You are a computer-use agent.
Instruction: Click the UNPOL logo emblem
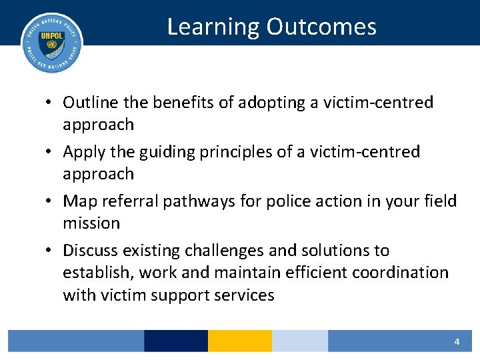click(52, 43)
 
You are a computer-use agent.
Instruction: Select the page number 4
click(457, 341)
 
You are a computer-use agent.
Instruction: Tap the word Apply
click(82, 152)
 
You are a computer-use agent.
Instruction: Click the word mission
click(91, 223)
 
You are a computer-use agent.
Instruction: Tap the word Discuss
click(91, 251)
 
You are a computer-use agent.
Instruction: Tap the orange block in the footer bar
click(239, 341)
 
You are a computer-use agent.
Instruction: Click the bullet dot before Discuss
click(51, 251)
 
